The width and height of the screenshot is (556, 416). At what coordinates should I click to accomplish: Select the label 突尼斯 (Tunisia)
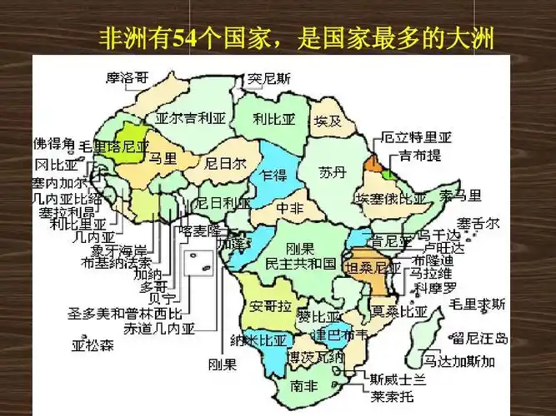pyautogui.click(x=270, y=80)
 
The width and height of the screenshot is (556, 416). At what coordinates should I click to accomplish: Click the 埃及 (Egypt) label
pyautogui.click(x=328, y=121)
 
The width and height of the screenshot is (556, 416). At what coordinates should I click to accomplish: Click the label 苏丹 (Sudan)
pyautogui.click(x=331, y=172)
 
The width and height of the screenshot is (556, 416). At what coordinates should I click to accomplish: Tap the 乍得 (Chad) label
pyautogui.click(x=273, y=176)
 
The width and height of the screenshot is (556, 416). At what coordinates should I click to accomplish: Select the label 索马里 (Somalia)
pyautogui.click(x=461, y=196)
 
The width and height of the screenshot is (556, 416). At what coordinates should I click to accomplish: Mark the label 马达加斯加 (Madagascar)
pyautogui.click(x=458, y=361)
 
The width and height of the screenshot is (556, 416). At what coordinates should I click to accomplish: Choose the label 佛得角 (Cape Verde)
pyautogui.click(x=53, y=143)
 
